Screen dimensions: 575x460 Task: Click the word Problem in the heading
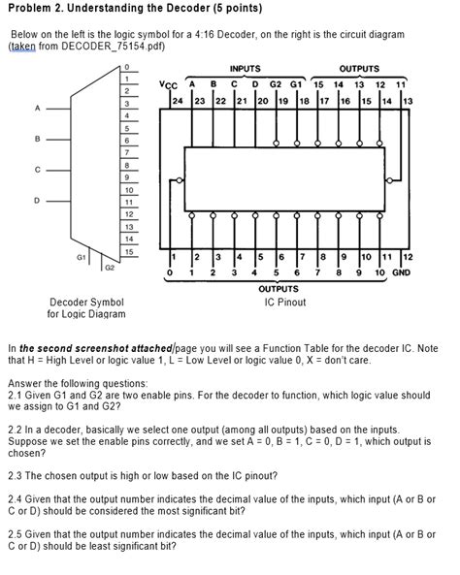(28, 12)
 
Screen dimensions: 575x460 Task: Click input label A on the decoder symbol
(37, 108)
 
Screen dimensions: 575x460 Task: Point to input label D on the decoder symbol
(37, 201)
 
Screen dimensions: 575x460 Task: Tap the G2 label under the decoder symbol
(109, 265)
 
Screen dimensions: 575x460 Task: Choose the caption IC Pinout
(285, 302)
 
